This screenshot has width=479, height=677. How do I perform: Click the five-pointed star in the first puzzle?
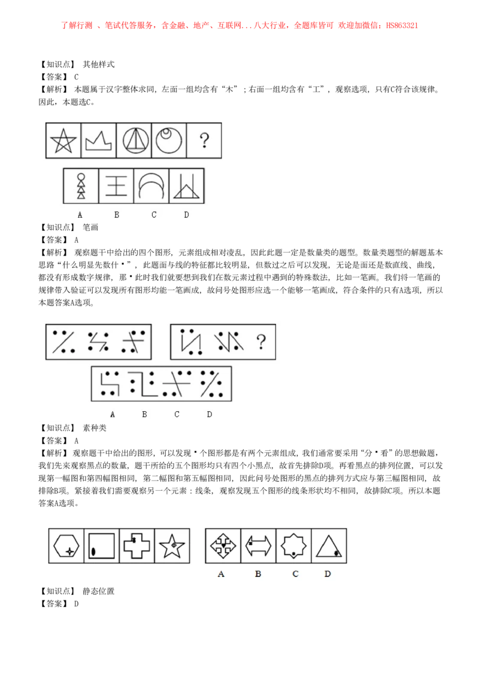[x=63, y=141]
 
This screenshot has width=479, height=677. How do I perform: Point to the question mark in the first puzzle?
[x=205, y=141]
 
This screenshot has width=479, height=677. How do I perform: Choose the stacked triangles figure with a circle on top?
[x=81, y=186]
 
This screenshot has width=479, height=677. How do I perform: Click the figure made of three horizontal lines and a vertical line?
[x=116, y=186]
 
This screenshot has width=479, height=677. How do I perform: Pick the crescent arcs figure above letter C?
[x=151, y=186]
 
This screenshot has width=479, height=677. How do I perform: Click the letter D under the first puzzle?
[x=186, y=215]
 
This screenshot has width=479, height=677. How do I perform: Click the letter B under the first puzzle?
[x=116, y=215]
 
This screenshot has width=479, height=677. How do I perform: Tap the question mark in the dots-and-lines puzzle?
[x=261, y=342]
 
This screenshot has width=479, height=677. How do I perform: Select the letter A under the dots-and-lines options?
[x=113, y=414]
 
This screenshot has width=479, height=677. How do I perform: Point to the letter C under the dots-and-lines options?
[x=177, y=414]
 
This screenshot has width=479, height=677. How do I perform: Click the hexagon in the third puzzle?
[x=66, y=546]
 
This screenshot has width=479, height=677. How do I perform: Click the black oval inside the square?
[x=93, y=552]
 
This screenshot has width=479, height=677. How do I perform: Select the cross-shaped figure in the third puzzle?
[x=137, y=546]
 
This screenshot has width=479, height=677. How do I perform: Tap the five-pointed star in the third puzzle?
[x=172, y=546]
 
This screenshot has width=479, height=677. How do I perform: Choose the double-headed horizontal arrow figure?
[x=258, y=546]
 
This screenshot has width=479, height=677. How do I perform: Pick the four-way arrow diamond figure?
[x=223, y=546]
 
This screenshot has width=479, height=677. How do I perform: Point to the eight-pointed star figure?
[x=293, y=546]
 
